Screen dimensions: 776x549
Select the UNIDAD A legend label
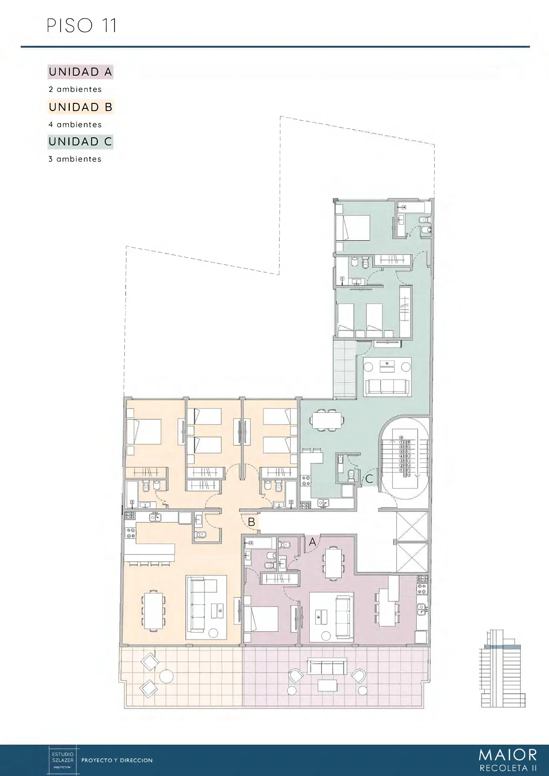80,72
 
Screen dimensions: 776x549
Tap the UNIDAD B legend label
80,107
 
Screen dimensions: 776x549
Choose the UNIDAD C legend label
80,142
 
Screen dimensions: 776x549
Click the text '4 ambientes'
75,125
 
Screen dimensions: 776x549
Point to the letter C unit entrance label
369,479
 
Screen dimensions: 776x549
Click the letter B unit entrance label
251,522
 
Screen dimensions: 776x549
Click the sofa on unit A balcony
327,667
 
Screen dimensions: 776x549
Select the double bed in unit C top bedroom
352,228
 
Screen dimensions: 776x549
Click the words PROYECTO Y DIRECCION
117,760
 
